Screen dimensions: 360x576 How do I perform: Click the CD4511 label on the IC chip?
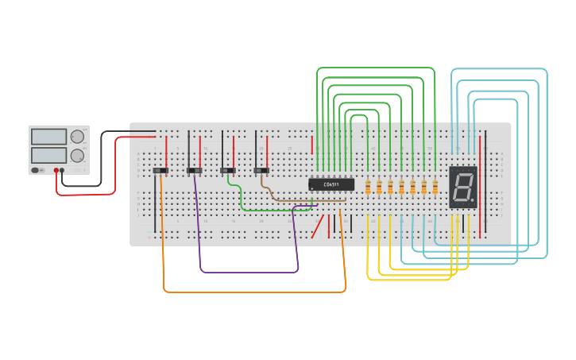click(x=331, y=184)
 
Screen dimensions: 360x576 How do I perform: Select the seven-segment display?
click(x=463, y=187)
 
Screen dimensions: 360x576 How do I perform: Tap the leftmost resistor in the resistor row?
click(x=368, y=187)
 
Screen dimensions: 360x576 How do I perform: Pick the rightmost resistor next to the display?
click(x=435, y=187)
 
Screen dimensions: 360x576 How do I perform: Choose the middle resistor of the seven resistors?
click(x=401, y=187)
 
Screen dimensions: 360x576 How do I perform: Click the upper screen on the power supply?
click(x=48, y=137)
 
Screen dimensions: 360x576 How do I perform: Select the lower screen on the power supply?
click(x=48, y=154)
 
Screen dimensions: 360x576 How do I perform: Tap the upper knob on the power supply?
click(x=77, y=137)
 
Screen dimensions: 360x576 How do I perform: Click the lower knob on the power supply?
click(x=77, y=156)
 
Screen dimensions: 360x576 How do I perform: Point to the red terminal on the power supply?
click(x=56, y=170)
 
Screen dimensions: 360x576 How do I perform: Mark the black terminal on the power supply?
click(x=63, y=170)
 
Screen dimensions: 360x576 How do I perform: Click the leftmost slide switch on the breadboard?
click(x=160, y=170)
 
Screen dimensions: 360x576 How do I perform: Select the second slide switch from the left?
click(x=194, y=170)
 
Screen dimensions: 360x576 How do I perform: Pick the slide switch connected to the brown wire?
click(x=261, y=170)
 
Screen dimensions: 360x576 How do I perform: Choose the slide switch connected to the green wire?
click(x=228, y=170)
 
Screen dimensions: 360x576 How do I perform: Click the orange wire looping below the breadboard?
click(x=254, y=292)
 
